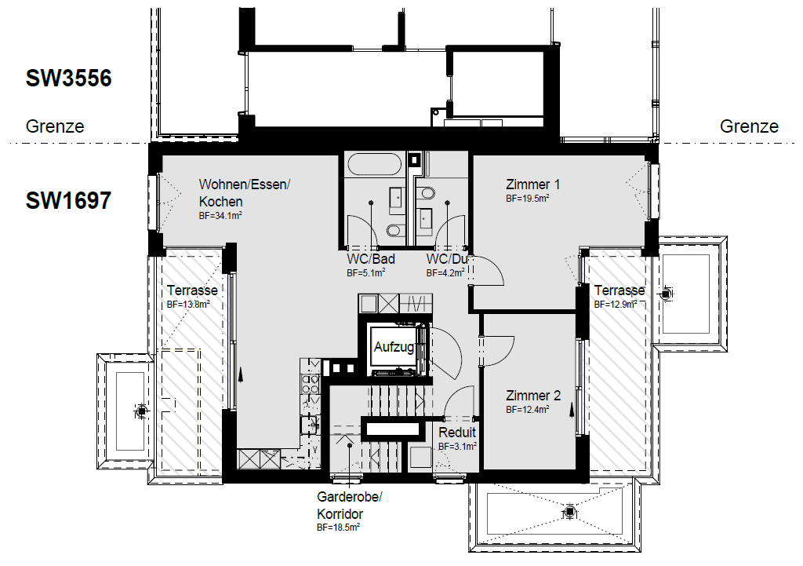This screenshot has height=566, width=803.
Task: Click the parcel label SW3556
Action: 69,78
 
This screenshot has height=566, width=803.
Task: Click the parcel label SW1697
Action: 69,200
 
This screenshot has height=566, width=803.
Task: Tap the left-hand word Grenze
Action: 55,126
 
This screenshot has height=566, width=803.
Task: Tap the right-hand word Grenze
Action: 749,126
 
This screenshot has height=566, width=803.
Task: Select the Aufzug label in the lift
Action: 394,348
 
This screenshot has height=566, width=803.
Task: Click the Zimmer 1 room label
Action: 532,184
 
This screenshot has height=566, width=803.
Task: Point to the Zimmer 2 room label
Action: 533,396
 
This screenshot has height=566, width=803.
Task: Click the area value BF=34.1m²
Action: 220,216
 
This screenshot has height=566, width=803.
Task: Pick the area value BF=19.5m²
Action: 528,199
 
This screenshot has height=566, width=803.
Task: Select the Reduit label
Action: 457,433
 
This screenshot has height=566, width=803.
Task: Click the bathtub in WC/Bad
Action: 374,164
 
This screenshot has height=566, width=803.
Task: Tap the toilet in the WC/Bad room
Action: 394,231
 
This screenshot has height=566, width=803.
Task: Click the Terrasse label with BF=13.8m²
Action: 192,290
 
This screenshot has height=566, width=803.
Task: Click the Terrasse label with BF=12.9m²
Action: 620,290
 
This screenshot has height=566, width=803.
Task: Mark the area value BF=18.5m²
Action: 338,527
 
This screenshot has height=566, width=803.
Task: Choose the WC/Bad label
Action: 371,259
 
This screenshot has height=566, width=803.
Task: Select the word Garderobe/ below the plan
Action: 350,497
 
